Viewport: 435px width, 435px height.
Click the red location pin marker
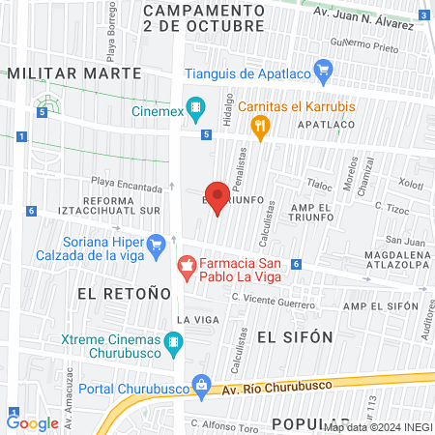tap(217, 197)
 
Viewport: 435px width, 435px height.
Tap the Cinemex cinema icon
tap(196, 106)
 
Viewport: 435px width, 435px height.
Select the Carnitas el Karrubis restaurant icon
tap(259, 125)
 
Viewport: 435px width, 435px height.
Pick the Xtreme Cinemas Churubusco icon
tap(174, 341)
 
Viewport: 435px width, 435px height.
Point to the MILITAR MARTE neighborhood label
tap(73, 72)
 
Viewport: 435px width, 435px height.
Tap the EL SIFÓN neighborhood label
tap(295, 335)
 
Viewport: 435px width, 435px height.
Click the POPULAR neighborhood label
tap(305, 423)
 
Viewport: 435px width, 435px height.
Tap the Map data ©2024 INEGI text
tap(377, 426)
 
